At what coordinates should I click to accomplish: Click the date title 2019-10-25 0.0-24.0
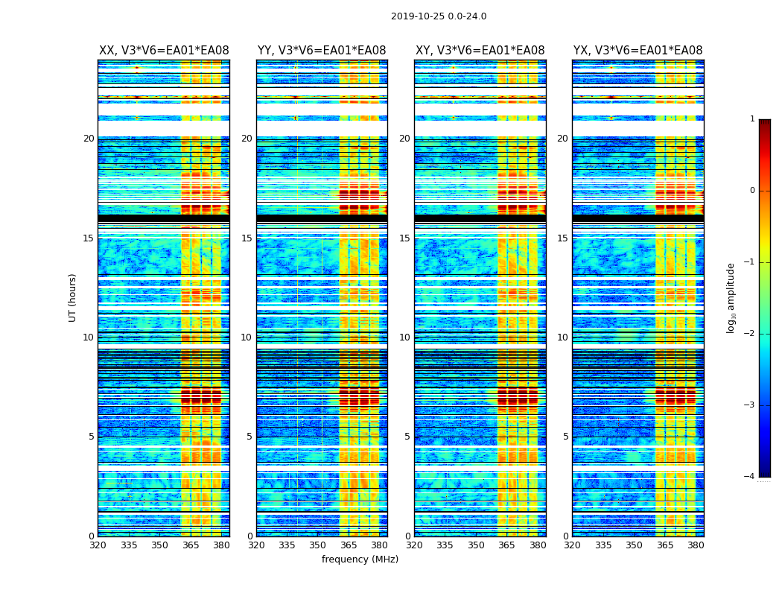tap(439, 16)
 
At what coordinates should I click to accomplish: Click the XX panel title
tap(164, 51)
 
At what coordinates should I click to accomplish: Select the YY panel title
tap(322, 51)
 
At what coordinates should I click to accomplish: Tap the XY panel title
tap(480, 51)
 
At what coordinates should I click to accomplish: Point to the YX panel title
tap(638, 51)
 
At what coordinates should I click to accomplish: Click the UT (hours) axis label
tap(72, 297)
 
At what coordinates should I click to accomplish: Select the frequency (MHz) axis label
tap(360, 559)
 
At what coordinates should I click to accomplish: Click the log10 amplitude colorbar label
tap(731, 297)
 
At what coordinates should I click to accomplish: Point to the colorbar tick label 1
tap(751, 119)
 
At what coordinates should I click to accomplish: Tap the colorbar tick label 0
tap(751, 191)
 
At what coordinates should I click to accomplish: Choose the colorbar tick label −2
tap(750, 334)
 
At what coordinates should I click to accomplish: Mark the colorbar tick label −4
tap(750, 477)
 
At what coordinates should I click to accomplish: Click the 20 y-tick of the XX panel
tap(89, 139)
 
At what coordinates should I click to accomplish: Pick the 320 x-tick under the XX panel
tap(98, 545)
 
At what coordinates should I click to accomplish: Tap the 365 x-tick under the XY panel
tap(506, 545)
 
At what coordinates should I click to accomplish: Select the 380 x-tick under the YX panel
tap(696, 545)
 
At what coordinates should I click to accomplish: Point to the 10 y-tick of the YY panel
tap(247, 337)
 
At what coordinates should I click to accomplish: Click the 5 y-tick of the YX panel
tap(566, 437)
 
